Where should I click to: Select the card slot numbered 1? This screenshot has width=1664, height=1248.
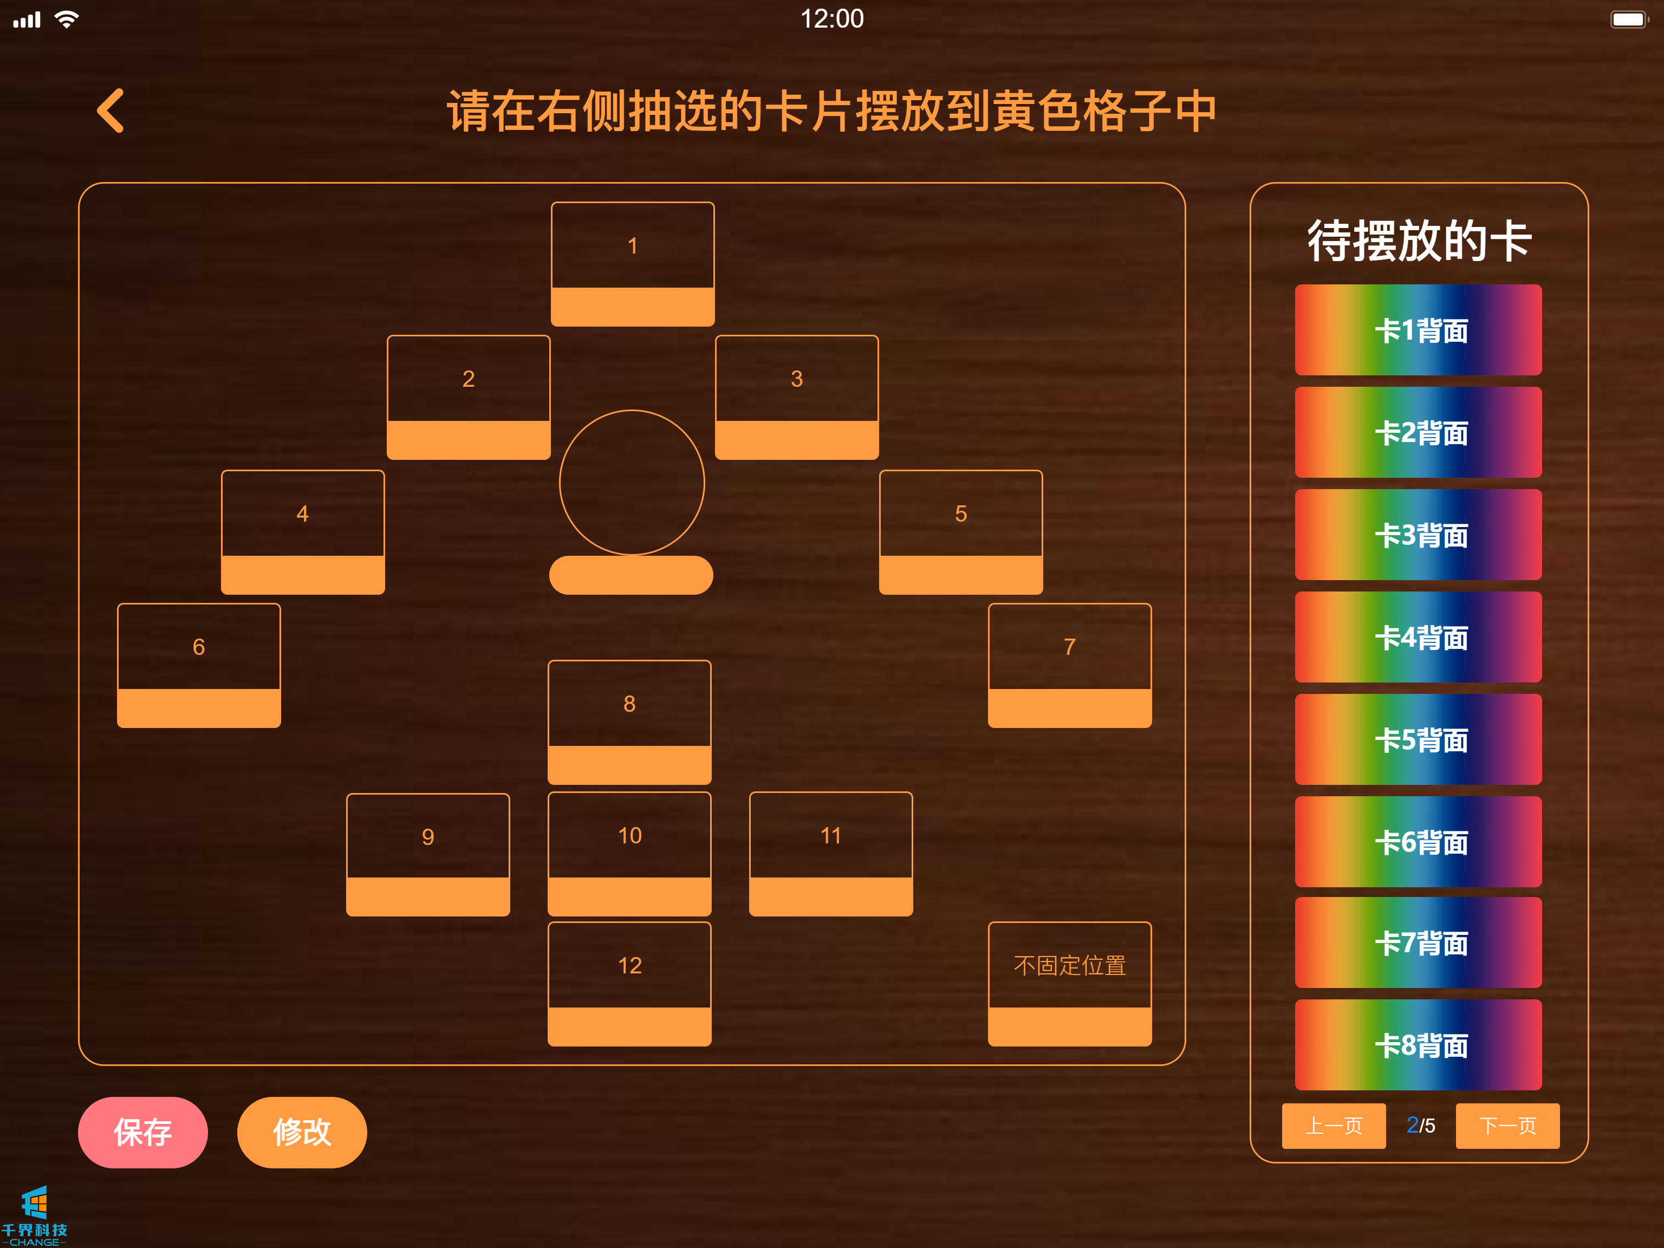[x=632, y=263]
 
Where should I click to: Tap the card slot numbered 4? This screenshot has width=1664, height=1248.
[x=302, y=531]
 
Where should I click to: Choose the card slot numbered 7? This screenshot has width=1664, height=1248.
[x=1069, y=665]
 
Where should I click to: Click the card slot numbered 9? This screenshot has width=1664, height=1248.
[x=427, y=854]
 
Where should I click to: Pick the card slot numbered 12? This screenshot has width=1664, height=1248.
[x=629, y=983]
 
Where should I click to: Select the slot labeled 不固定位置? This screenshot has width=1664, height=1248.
[x=1069, y=983]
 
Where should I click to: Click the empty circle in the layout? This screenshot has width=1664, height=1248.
[x=632, y=482]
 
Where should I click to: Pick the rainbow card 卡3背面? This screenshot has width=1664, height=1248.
[x=1418, y=534]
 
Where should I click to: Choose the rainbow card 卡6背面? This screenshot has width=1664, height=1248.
[x=1418, y=841]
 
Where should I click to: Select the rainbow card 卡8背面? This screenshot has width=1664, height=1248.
[x=1418, y=1044]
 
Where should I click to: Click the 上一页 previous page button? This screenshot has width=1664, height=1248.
[x=1333, y=1126]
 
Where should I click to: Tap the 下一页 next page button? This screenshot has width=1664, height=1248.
[x=1507, y=1126]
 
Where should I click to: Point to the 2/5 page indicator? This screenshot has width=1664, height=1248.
[x=1420, y=1126]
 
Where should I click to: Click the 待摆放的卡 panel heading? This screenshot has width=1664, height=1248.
[x=1419, y=240]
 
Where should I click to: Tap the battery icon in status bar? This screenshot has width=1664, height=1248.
[x=1628, y=19]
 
